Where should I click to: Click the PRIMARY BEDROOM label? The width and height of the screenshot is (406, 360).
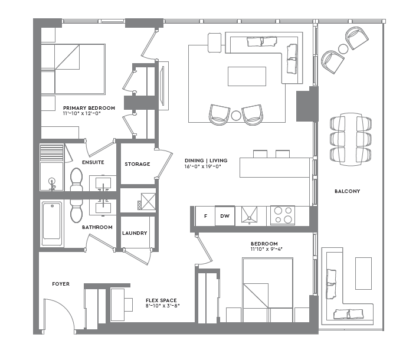point(89,108)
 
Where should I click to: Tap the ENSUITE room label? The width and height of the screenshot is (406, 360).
point(93,162)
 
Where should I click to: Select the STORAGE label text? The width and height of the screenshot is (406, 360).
point(137,164)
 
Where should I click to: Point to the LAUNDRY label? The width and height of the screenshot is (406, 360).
point(135,233)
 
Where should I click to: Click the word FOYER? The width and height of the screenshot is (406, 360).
point(61,284)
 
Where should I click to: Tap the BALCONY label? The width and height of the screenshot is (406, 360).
point(347,191)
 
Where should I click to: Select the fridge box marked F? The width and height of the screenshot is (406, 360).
point(205,216)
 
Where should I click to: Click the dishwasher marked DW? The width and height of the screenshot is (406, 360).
point(224,216)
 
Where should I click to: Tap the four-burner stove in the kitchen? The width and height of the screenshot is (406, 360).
point(282,215)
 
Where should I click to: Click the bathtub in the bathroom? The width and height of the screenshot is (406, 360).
point(52,224)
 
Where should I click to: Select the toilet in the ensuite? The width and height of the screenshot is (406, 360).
point(76,179)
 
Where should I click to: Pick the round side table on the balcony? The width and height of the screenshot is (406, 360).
point(343,48)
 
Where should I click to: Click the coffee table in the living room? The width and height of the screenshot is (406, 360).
point(247,76)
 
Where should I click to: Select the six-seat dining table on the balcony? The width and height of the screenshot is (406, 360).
point(352,139)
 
